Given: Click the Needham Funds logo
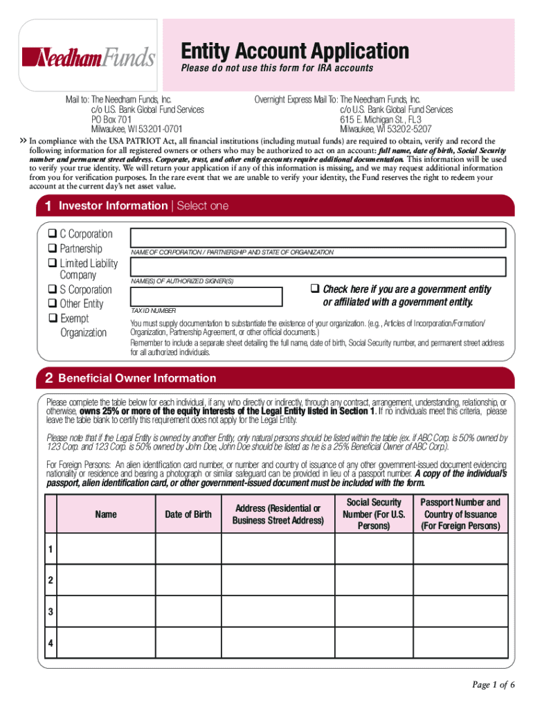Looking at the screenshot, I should point(89,57).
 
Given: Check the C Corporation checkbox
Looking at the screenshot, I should point(52,234).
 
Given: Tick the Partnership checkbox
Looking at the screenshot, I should point(52,249).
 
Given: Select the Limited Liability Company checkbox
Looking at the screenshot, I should point(52,263).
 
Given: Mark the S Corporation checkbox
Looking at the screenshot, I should point(52,289).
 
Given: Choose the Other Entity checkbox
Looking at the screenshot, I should point(52,304).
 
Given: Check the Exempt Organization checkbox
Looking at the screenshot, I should point(52,318).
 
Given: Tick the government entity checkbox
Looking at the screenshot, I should point(314,289).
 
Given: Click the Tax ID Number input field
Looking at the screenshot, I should point(206,296).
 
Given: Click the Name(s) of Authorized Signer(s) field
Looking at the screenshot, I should point(318,267).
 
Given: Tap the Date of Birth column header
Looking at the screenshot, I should point(188,514).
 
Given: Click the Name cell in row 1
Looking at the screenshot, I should point(106,549).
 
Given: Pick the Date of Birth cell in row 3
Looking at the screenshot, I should point(188,611).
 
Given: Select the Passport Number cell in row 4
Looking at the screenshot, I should point(460,643).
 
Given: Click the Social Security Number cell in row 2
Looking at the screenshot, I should point(374,580).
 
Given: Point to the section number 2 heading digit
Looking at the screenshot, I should point(48,378).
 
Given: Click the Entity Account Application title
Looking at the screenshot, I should point(295,51).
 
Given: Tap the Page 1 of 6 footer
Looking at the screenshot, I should point(494,685).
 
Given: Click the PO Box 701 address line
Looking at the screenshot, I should point(111,119).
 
